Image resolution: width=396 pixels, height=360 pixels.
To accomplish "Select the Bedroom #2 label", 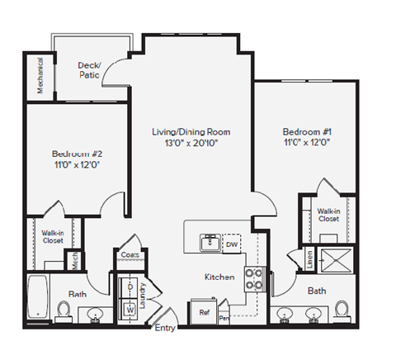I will pos(76,154).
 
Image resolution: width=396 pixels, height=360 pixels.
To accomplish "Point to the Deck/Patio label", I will pos(89,70).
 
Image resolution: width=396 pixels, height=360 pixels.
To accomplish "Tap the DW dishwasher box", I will pos(232,244).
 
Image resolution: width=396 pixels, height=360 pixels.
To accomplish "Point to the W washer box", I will pos(130,310).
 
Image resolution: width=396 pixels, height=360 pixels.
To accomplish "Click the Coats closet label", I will pos(129,255).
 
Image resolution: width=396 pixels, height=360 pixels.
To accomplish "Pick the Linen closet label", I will pos(309,259).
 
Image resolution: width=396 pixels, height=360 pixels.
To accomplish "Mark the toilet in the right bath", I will pos(342,311).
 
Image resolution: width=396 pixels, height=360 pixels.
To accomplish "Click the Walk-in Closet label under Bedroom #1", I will pos(328,216).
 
